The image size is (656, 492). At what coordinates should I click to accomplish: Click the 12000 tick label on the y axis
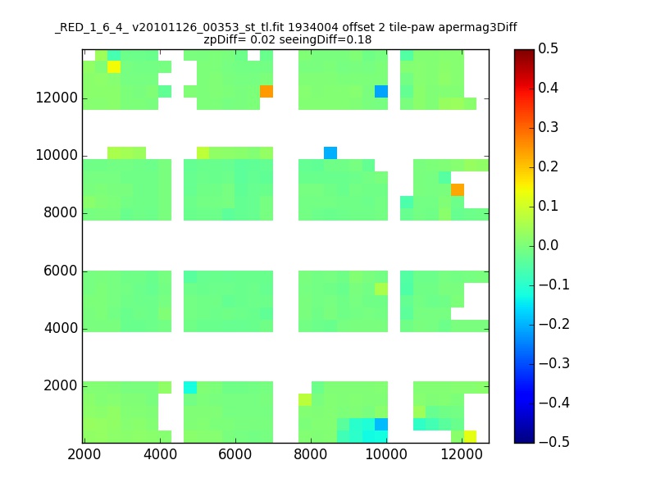pyautogui.click(x=57, y=98)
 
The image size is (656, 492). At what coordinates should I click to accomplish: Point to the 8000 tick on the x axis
pyautogui.click(x=311, y=455)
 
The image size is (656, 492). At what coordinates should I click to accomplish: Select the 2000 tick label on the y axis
pyautogui.click(x=61, y=385)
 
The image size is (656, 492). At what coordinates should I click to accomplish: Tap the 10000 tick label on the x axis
pyautogui.click(x=386, y=455)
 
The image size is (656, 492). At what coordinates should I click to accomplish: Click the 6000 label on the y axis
pyautogui.click(x=61, y=271)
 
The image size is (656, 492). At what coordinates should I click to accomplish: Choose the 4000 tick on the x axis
pyautogui.click(x=160, y=455)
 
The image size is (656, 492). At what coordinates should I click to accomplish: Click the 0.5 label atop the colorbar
pyautogui.click(x=548, y=48)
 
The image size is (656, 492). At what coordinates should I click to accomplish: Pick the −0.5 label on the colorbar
pyautogui.click(x=554, y=442)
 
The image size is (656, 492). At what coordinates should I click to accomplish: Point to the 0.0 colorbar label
pyautogui.click(x=548, y=245)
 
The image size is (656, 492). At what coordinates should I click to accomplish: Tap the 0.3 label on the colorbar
pyautogui.click(x=548, y=127)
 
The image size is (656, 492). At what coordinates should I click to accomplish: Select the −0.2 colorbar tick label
pyautogui.click(x=554, y=324)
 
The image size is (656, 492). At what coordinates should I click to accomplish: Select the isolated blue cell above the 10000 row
pyautogui.click(x=330, y=153)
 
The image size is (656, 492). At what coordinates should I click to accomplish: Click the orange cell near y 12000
pyautogui.click(x=266, y=91)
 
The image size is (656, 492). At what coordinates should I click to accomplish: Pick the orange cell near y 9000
pyautogui.click(x=458, y=189)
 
